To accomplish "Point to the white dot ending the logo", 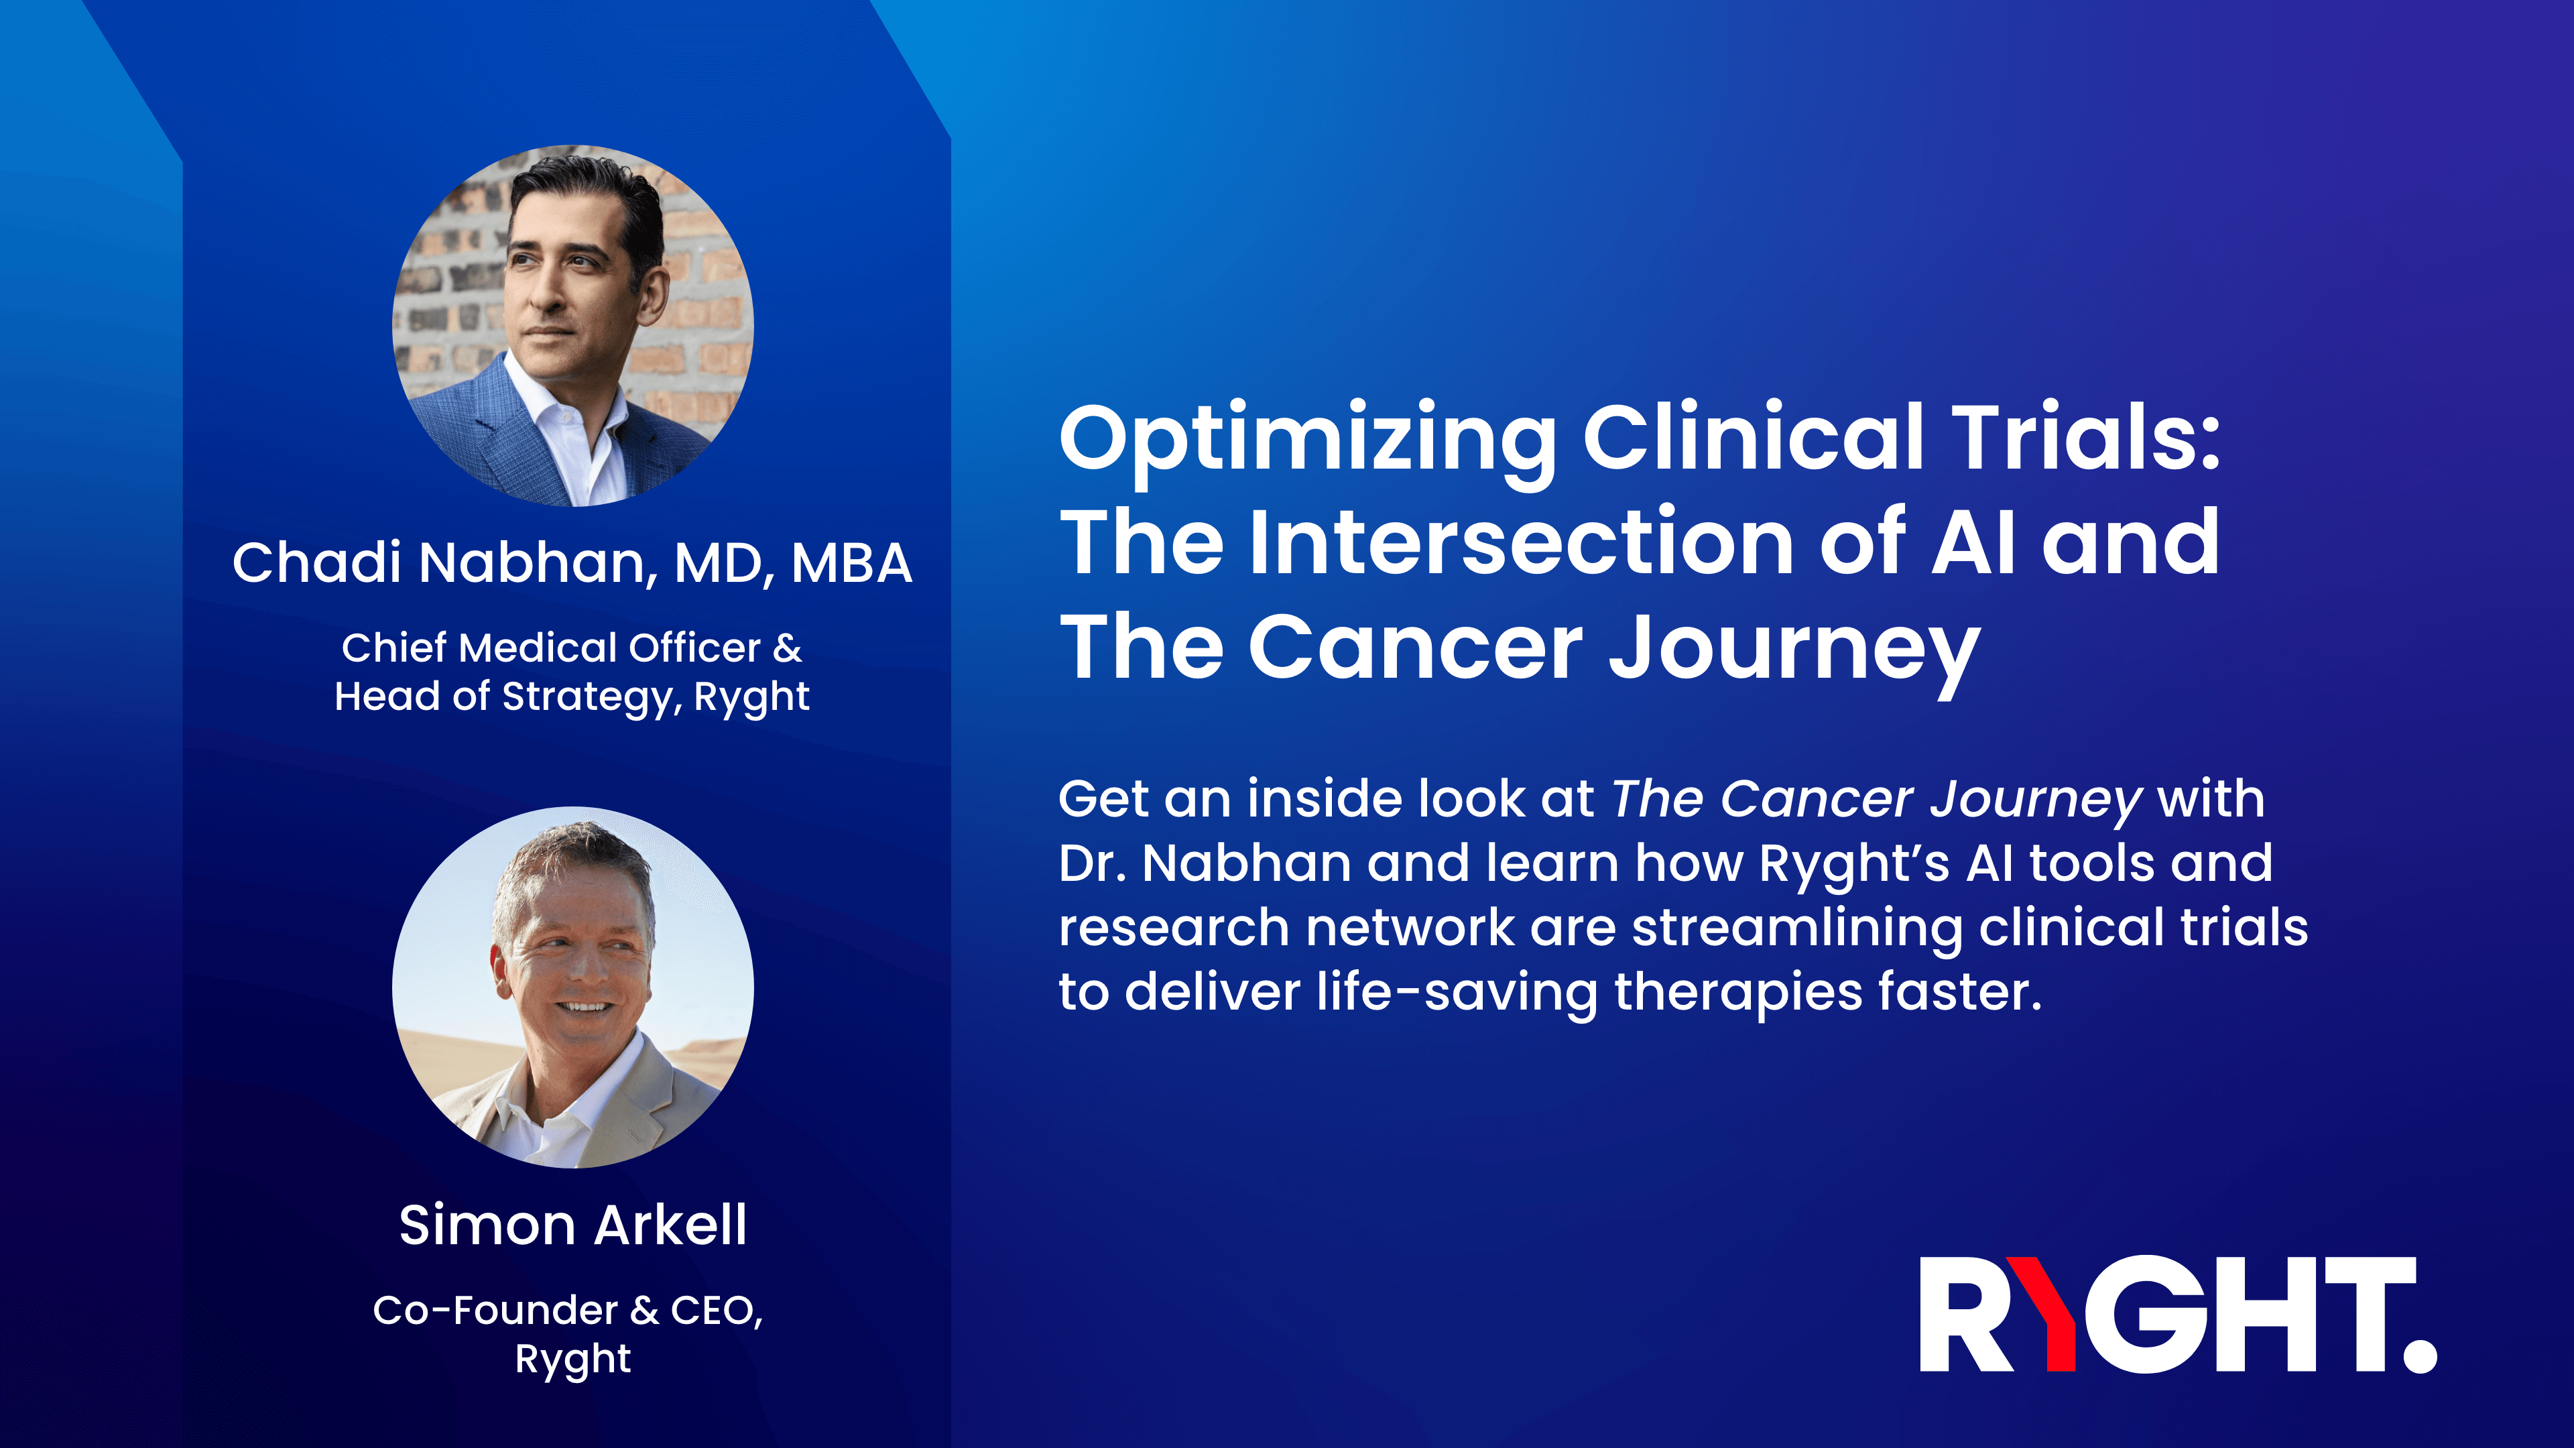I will pyautogui.click(x=2419, y=1354).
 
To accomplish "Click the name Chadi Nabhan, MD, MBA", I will pyautogui.click(x=572, y=562).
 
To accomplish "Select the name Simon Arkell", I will pyautogui.click(x=572, y=1225).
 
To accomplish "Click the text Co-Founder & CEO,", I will pyautogui.click(x=568, y=1310).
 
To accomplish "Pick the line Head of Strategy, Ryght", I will pyautogui.click(x=572, y=697).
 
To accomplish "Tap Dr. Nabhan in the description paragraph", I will pyautogui.click(x=1204, y=863).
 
